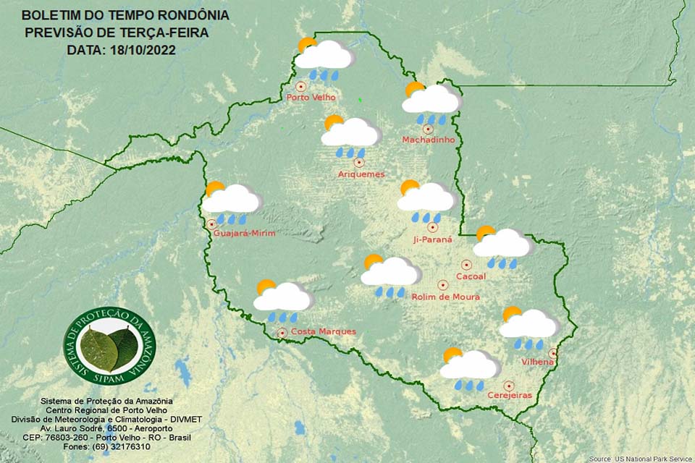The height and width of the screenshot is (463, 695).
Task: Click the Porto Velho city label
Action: tap(312, 98)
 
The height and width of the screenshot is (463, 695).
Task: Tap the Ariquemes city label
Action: tap(361, 174)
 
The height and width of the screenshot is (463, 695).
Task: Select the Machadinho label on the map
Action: tap(429, 140)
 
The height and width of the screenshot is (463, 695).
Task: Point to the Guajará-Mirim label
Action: tap(245, 234)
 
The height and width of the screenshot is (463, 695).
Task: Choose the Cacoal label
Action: tap(471, 276)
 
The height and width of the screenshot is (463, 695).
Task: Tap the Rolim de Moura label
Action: tap(445, 297)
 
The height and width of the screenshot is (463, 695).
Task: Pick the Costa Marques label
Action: tap(323, 332)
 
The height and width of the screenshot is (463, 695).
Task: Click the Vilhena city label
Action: tap(538, 361)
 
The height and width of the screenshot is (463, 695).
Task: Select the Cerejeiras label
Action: tap(510, 396)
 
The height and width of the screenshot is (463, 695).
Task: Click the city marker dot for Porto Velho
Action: tap(300, 86)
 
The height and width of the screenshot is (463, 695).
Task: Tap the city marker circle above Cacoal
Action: tap(467, 265)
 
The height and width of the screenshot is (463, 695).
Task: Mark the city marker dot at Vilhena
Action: tap(552, 352)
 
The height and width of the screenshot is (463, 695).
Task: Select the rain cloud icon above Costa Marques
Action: tap(282, 300)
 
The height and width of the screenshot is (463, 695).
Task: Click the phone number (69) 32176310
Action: tap(106, 446)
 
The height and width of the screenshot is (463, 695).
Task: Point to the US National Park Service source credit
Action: tap(640, 459)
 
